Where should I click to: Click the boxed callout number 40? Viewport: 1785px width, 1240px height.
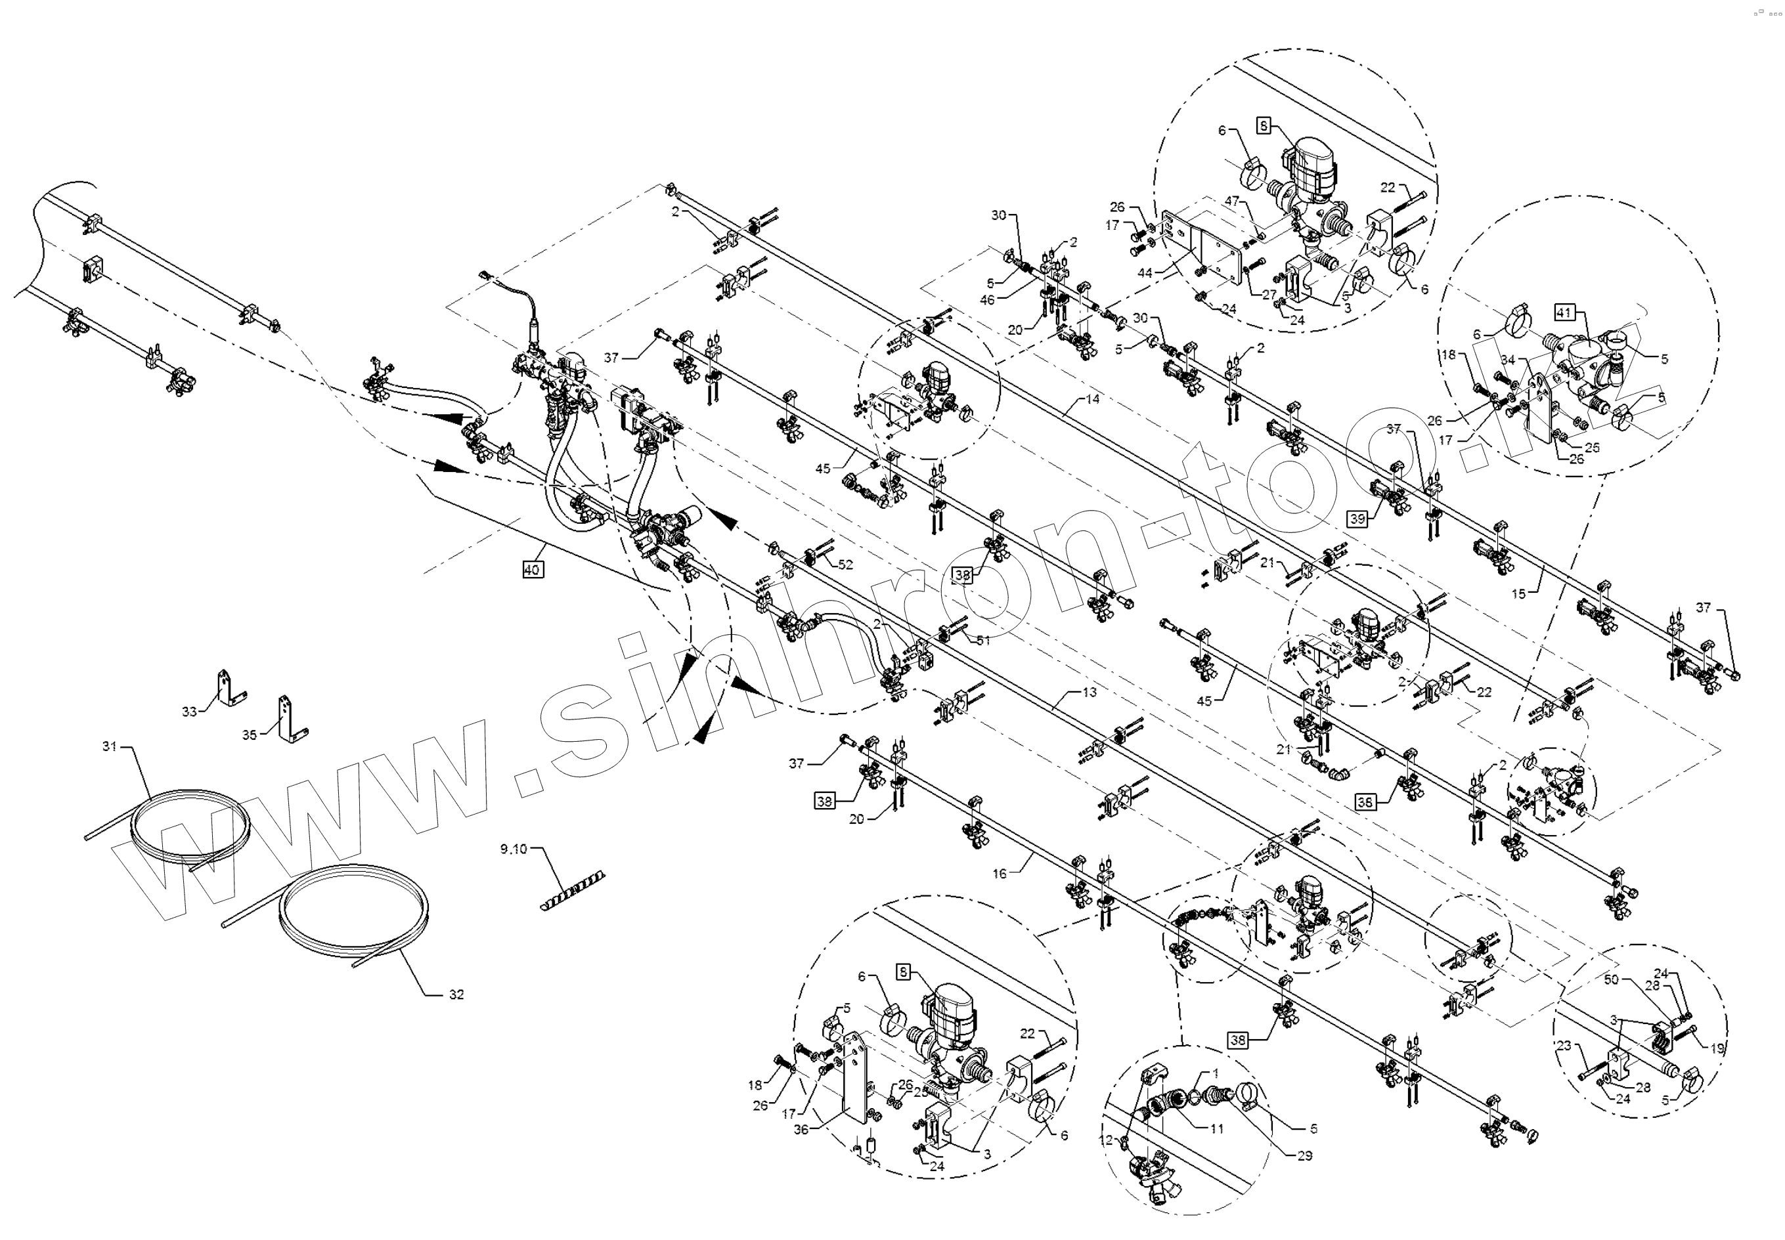[531, 570]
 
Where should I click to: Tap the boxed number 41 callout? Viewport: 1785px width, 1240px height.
[1564, 313]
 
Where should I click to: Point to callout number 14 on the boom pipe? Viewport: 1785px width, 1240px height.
[1093, 399]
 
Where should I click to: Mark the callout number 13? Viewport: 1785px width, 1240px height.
[1089, 691]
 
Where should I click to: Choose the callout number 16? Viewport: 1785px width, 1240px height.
[1000, 873]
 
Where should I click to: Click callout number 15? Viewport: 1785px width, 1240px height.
[1518, 593]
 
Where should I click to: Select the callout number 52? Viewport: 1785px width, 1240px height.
[845, 565]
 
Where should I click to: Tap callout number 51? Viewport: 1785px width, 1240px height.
[984, 640]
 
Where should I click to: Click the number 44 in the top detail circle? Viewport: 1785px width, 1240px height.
[1145, 272]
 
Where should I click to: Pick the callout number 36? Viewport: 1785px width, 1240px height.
[801, 1129]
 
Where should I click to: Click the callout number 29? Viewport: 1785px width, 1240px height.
[1304, 1155]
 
